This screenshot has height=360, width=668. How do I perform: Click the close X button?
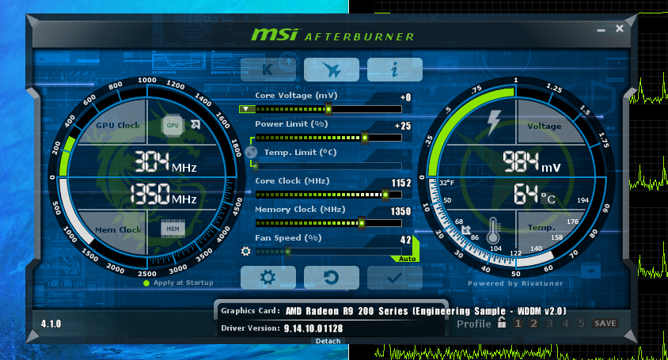[620, 28]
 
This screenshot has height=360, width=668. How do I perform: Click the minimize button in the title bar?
[601, 30]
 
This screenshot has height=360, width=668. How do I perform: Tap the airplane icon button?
[332, 70]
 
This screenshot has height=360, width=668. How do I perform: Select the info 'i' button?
[395, 70]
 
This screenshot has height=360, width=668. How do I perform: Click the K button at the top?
[268, 70]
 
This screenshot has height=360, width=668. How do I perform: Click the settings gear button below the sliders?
[268, 278]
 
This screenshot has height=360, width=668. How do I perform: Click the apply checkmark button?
[395, 278]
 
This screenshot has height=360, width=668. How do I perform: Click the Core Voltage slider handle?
[328, 109]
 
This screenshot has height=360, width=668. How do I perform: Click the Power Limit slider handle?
[365, 138]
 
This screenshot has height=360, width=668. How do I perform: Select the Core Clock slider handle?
[385, 195]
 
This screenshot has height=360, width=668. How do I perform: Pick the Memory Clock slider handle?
[362, 223]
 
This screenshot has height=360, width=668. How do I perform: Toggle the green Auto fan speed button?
[407, 259]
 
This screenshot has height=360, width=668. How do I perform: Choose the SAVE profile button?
[605, 324]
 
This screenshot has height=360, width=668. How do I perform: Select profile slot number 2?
[533, 324]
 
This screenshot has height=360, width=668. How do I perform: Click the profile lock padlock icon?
[503, 323]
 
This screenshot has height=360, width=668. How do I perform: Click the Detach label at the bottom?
[328, 341]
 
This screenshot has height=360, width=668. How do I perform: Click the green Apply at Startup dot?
[146, 283]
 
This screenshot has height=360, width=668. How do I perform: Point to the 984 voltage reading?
[521, 162]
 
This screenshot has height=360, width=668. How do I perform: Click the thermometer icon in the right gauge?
[493, 230]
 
